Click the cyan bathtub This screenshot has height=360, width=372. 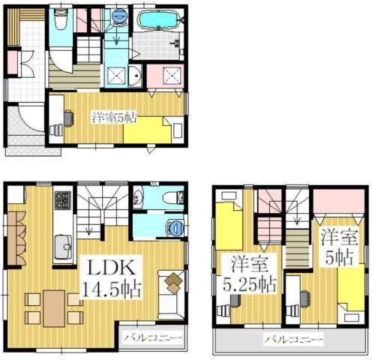click(159, 19)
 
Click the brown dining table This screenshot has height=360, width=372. click(54, 308)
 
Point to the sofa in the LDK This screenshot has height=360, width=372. click(171, 295)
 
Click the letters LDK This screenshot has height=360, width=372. click(111, 268)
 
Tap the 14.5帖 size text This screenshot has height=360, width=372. click(112, 289)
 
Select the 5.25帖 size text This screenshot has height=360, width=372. click(249, 284)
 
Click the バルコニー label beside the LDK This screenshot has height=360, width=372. click(152, 338)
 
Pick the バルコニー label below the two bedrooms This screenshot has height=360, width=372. click(293, 339)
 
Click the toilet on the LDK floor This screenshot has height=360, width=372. click(173, 197)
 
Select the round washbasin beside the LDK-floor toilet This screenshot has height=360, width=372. click(138, 198)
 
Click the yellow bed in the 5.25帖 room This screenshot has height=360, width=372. click(229, 226)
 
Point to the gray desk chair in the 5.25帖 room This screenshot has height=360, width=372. click(235, 301)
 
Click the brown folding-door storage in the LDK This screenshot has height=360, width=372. click(16, 238)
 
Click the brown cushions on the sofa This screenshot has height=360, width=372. click(174, 283)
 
